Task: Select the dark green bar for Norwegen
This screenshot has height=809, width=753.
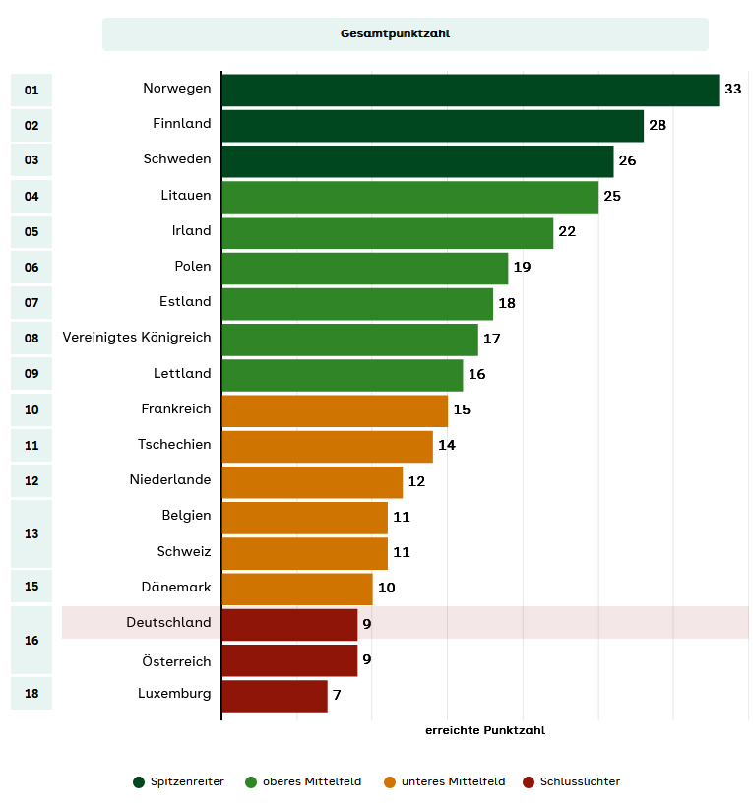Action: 470,90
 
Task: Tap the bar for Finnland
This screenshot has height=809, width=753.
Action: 432,125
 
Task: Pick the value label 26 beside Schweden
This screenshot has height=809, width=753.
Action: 627,160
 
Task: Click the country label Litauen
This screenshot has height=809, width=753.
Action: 186,196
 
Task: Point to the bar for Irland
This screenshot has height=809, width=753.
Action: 387,231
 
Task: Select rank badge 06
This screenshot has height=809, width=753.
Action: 31,268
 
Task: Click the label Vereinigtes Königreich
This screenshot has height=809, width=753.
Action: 137,338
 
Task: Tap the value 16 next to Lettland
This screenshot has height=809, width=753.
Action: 476,374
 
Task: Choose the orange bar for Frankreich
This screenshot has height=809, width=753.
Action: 335,409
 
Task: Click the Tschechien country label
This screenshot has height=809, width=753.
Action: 174,445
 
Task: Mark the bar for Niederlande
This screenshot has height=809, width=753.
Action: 312,481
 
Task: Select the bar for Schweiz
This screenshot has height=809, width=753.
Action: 304,552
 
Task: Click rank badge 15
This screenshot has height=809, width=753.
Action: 31,587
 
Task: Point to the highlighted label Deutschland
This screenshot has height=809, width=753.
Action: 168,623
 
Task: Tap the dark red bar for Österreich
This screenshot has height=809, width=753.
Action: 289,659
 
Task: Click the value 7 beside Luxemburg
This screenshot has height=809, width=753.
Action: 337,695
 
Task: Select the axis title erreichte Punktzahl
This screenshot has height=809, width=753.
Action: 484,731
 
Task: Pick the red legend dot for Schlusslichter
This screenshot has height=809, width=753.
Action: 529,782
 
